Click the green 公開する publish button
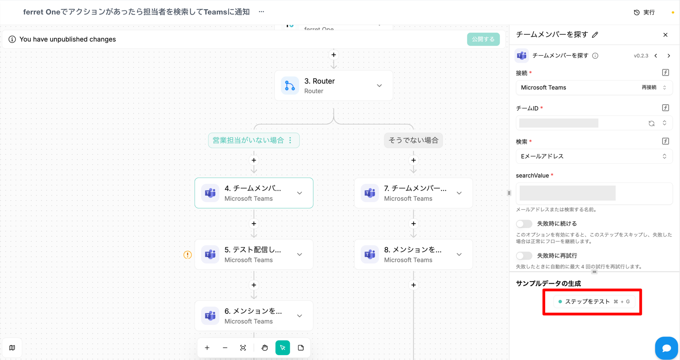(x=483, y=39)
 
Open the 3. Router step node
(x=334, y=86)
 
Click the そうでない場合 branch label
(x=413, y=140)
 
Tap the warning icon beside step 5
(x=188, y=255)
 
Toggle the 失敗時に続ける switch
(x=524, y=224)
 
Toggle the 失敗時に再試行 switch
(x=524, y=256)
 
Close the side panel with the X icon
(x=665, y=35)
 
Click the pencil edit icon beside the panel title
(x=595, y=35)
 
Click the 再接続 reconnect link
(x=649, y=87)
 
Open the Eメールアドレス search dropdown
(x=594, y=156)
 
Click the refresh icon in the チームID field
(x=651, y=123)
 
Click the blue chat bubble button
(x=666, y=348)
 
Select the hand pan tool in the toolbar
(x=265, y=348)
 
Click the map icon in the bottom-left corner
(x=12, y=348)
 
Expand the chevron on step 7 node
(x=459, y=193)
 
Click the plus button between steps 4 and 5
(x=254, y=224)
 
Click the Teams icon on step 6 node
(x=210, y=315)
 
